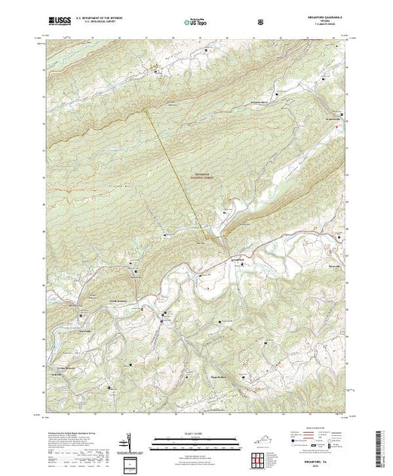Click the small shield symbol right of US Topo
[x=260, y=22]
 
